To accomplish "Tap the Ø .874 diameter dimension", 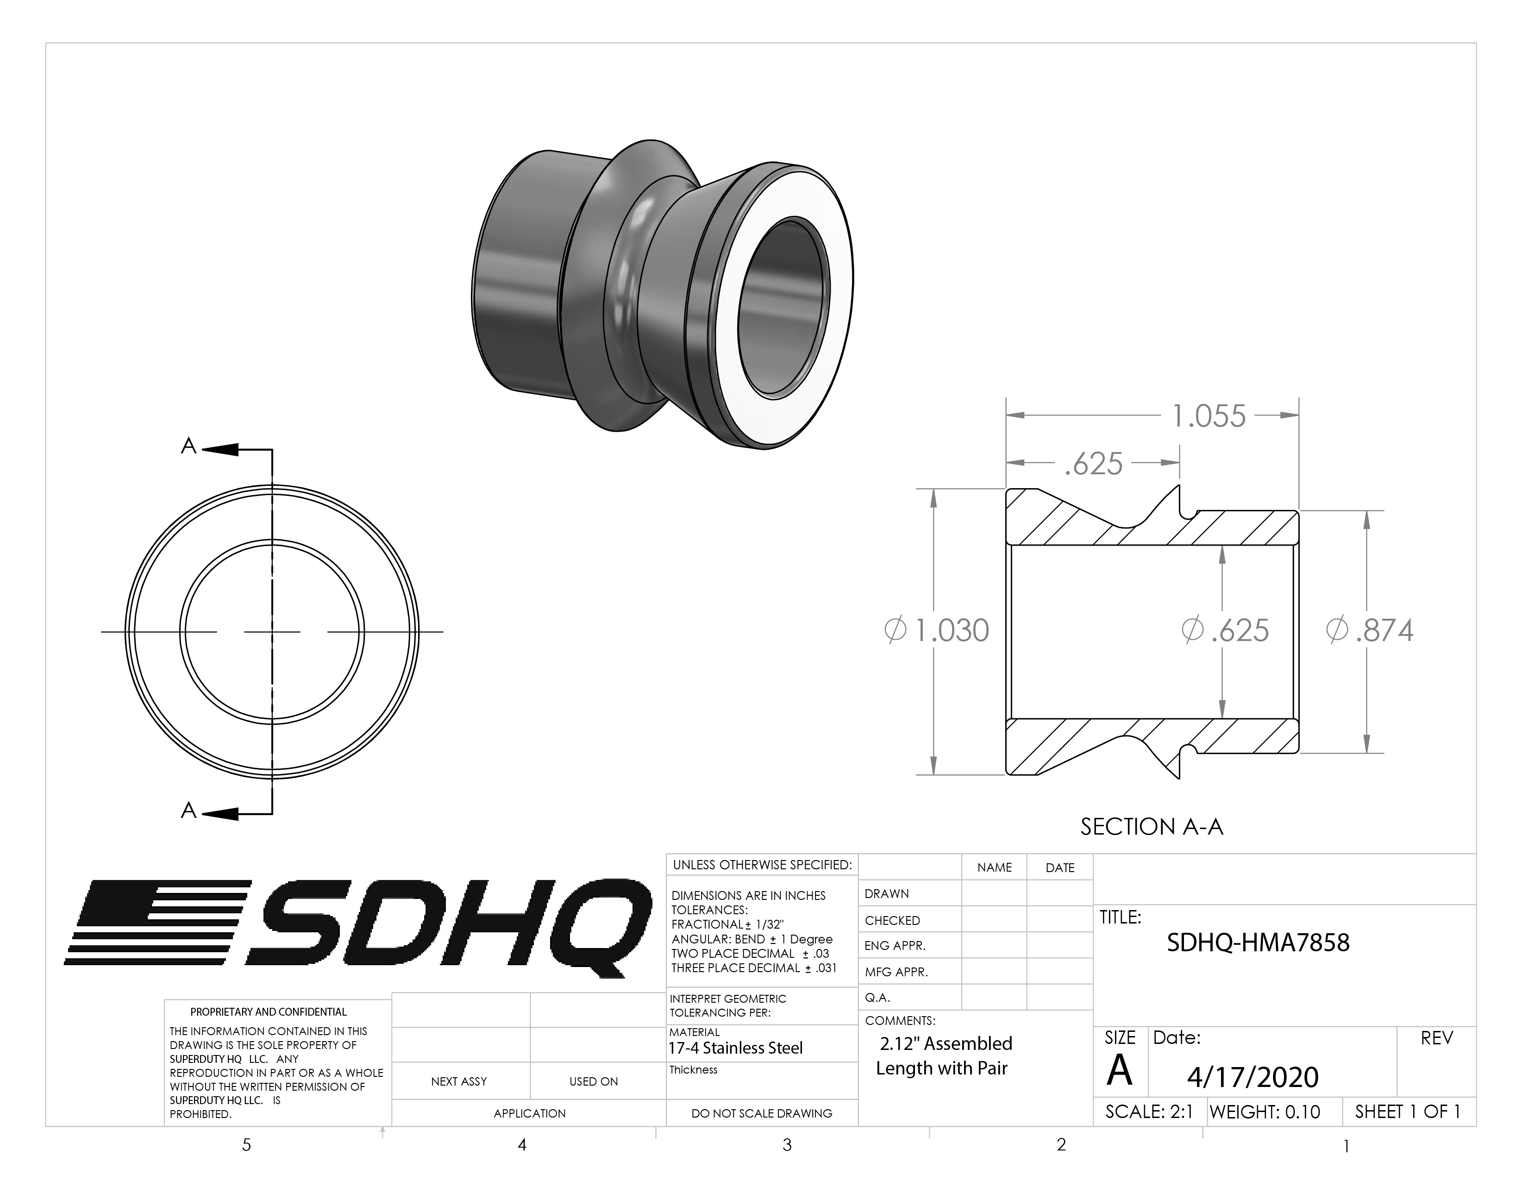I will pyautogui.click(x=1370, y=630).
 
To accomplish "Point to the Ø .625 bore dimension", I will pyautogui.click(x=1225, y=630).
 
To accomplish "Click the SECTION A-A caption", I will pyautogui.click(x=1152, y=827).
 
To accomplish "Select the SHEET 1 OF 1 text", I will pyautogui.click(x=1408, y=1112).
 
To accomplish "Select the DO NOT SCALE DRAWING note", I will pyautogui.click(x=761, y=1113).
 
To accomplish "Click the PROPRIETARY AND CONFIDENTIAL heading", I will pyautogui.click(x=269, y=1011).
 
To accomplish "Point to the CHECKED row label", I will pyautogui.click(x=892, y=921).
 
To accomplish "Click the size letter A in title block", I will pyautogui.click(x=1120, y=1070).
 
